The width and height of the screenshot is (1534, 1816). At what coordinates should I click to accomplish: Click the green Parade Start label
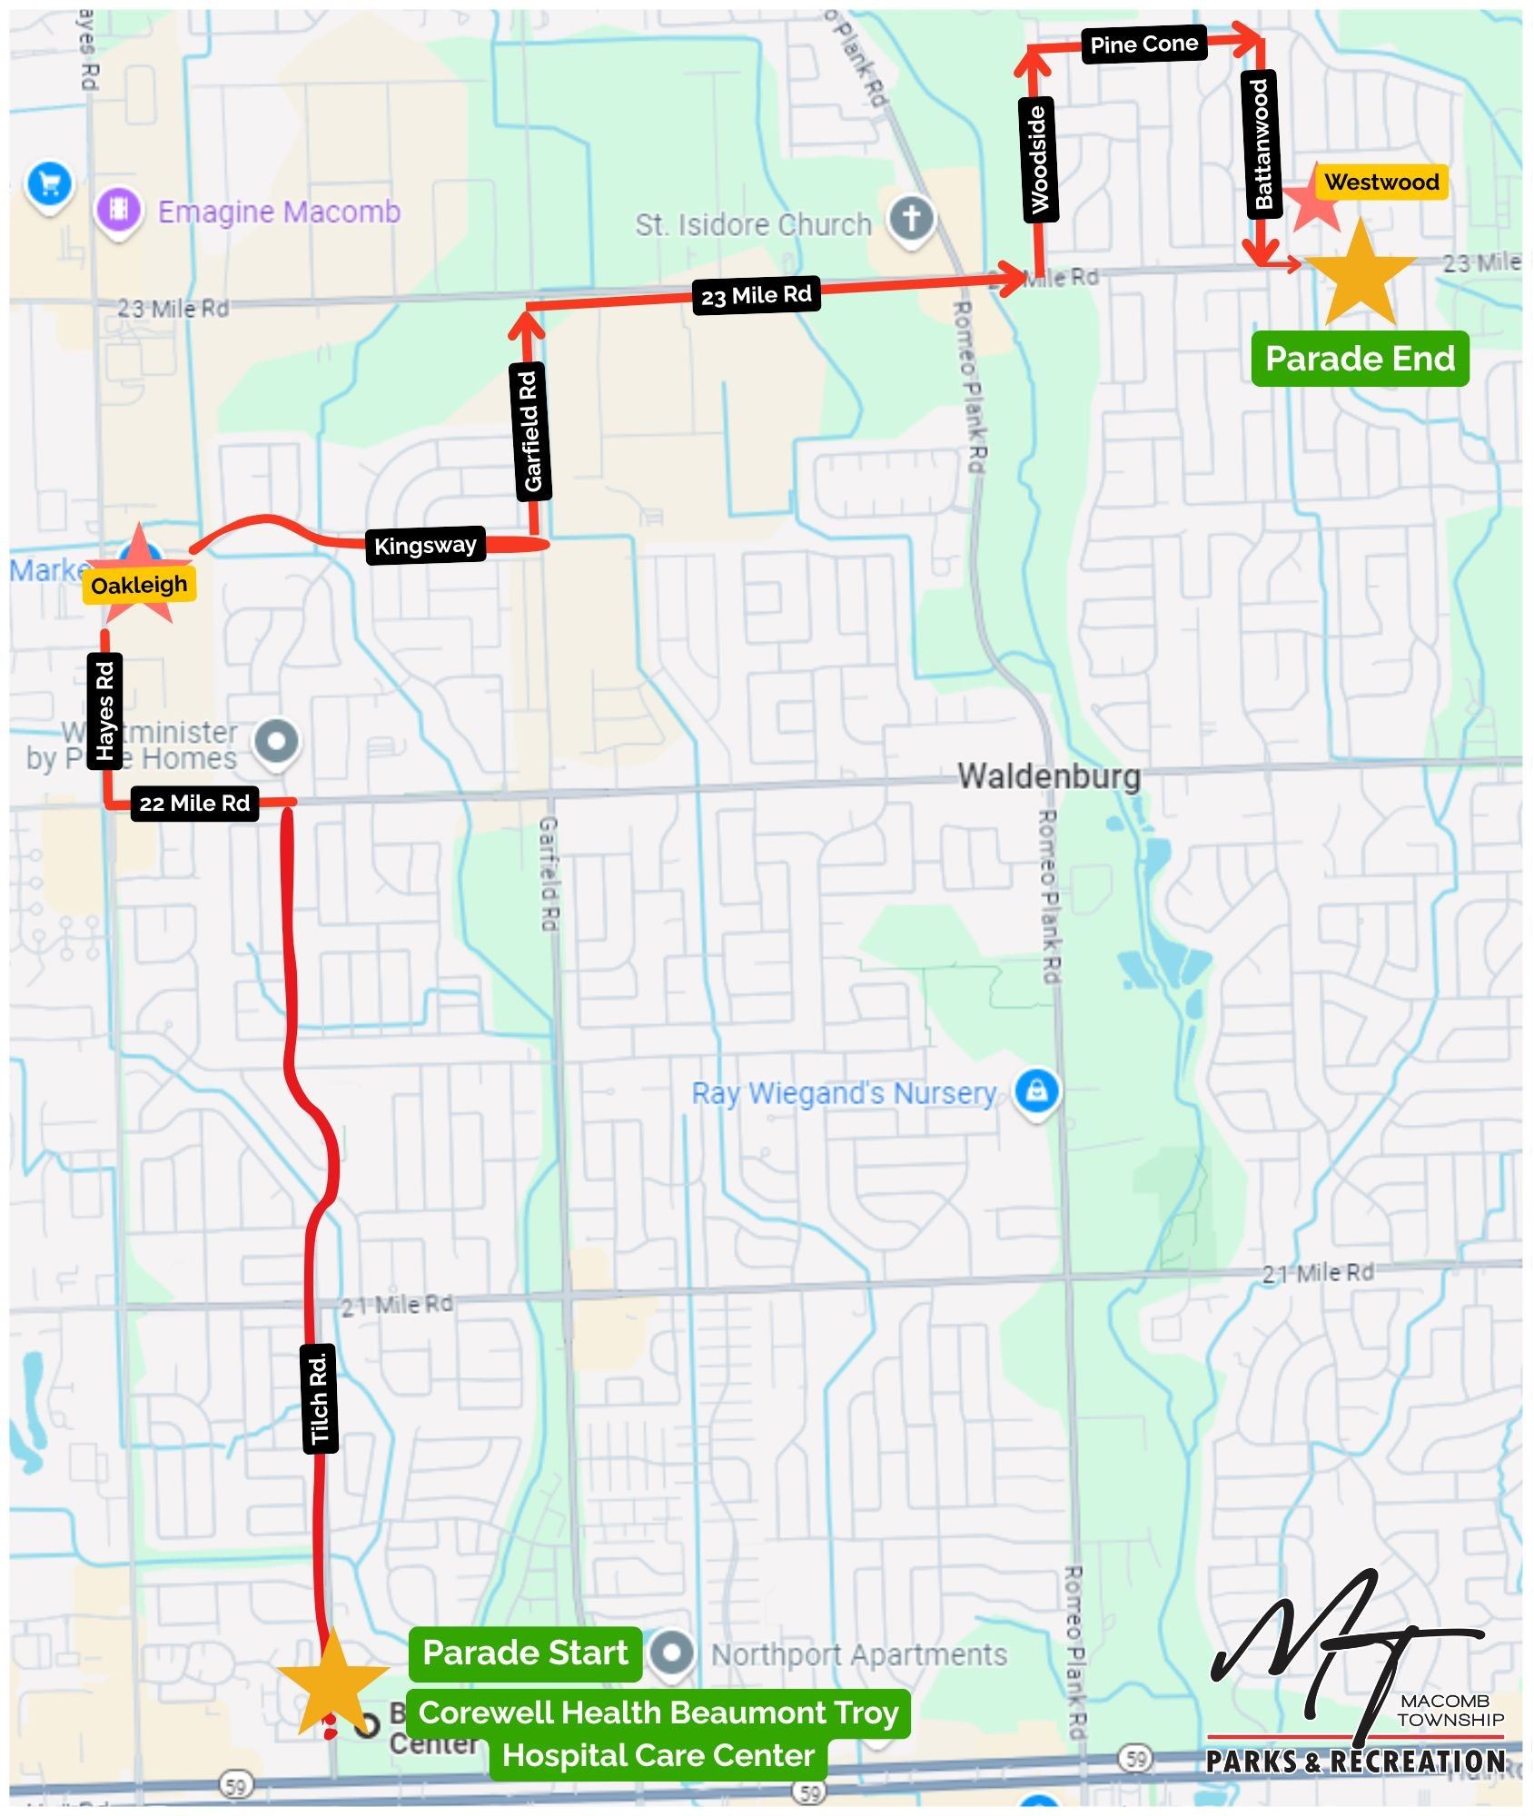point(525,1653)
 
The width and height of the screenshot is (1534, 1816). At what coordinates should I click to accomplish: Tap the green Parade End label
point(1360,359)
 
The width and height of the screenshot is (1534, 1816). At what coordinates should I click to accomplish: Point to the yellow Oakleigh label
point(139,585)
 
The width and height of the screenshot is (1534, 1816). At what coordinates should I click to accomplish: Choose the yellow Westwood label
point(1381,183)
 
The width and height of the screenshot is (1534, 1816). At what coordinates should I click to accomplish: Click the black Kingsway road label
point(425,546)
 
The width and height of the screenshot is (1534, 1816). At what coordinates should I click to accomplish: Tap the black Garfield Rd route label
point(530,432)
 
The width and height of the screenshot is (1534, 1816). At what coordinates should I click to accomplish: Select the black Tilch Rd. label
point(319,1399)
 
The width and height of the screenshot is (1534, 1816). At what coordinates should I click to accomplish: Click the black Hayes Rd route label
point(105,711)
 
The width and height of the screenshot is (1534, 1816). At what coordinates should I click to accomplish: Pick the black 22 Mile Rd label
point(194,804)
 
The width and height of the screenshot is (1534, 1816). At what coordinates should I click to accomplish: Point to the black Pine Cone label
point(1143,44)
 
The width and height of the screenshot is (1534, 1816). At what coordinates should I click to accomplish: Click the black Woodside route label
point(1038,160)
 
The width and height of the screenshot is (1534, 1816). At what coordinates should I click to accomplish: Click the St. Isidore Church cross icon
point(912,219)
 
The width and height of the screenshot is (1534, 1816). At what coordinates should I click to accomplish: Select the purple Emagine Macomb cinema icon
point(118,210)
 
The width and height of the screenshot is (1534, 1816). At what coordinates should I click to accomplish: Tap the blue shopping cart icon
point(50,183)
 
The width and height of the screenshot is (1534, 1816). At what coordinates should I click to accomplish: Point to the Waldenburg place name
point(1049,776)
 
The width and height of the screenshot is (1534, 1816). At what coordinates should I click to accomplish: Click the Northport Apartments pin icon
point(671,1653)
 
